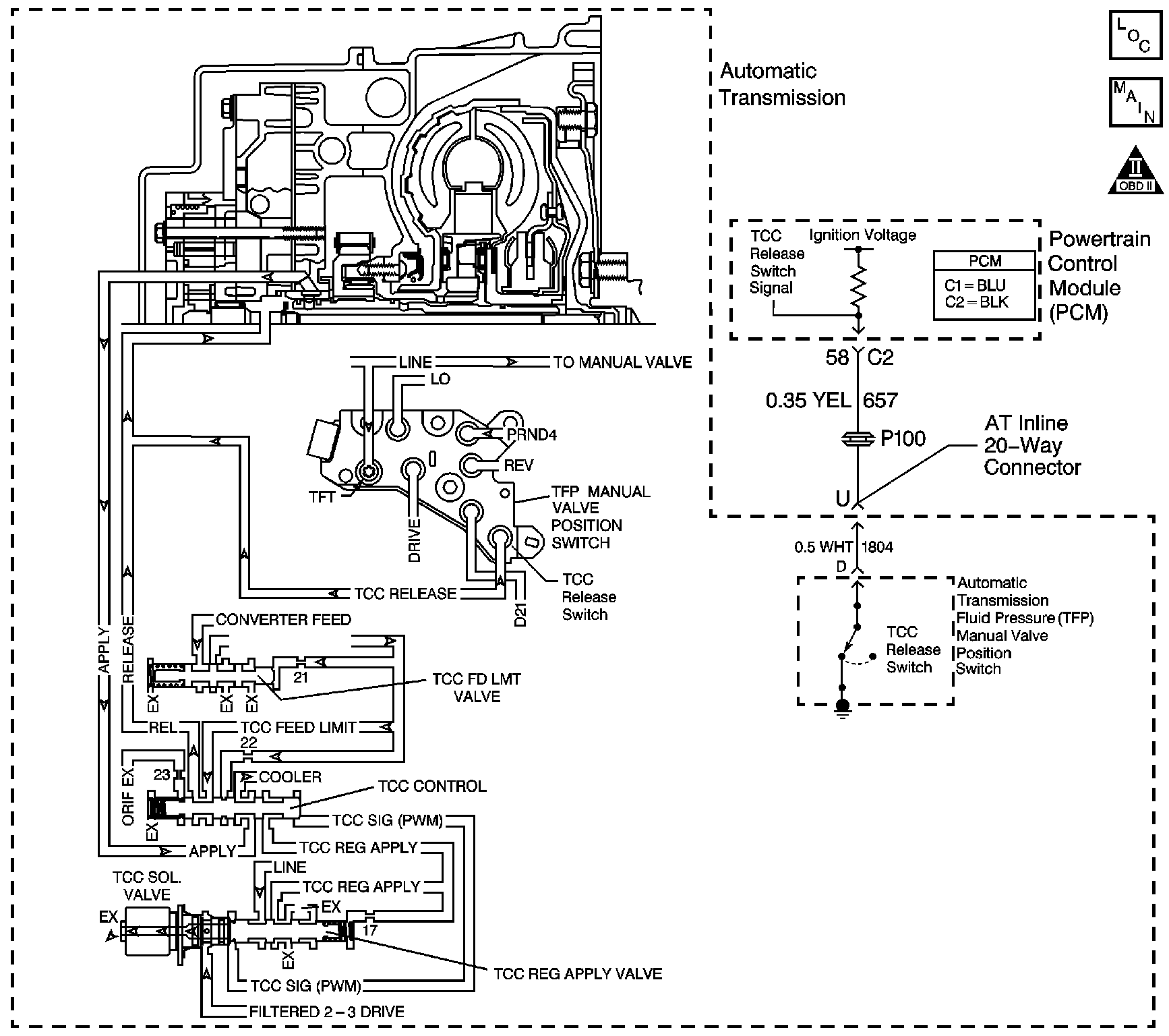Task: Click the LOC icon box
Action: point(1136,36)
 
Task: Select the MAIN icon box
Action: point(1136,103)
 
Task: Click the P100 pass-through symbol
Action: point(858,439)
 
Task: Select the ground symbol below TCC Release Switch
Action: point(842,708)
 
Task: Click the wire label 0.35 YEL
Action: point(808,401)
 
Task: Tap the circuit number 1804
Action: point(877,547)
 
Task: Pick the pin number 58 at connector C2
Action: point(837,357)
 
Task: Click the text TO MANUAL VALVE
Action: point(622,363)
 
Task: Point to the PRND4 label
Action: point(532,435)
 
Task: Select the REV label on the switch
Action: point(518,465)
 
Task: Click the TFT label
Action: point(322,498)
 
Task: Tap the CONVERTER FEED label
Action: point(283,619)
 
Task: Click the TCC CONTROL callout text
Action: point(432,786)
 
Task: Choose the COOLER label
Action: point(290,777)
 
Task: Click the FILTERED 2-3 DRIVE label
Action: point(326,1012)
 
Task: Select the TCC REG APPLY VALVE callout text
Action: point(578,974)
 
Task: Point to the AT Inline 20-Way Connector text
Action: point(1031,445)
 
